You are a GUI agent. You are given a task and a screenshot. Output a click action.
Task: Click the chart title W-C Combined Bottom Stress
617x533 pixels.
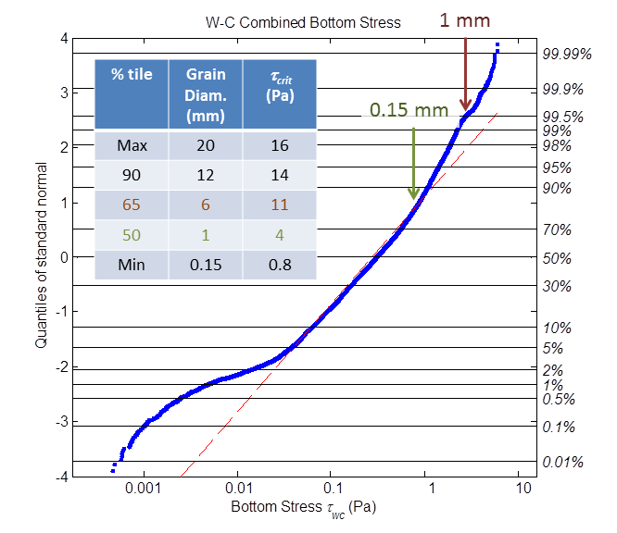tap(302, 22)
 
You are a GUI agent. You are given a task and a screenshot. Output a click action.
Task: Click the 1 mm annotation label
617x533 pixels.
tap(465, 19)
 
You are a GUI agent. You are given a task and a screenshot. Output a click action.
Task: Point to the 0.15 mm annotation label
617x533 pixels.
tap(409, 110)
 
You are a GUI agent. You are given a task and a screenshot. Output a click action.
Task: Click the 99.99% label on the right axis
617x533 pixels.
tap(567, 54)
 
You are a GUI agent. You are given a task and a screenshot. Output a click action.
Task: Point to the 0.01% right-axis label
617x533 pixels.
tap(561, 462)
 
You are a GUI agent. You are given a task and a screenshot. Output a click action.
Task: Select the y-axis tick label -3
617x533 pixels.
tap(62, 423)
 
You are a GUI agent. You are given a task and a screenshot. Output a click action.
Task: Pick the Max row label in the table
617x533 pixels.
tap(132, 145)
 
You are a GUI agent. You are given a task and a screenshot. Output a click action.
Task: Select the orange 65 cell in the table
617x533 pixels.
tap(132, 205)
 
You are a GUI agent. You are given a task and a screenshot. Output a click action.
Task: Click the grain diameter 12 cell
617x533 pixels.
tap(206, 175)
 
